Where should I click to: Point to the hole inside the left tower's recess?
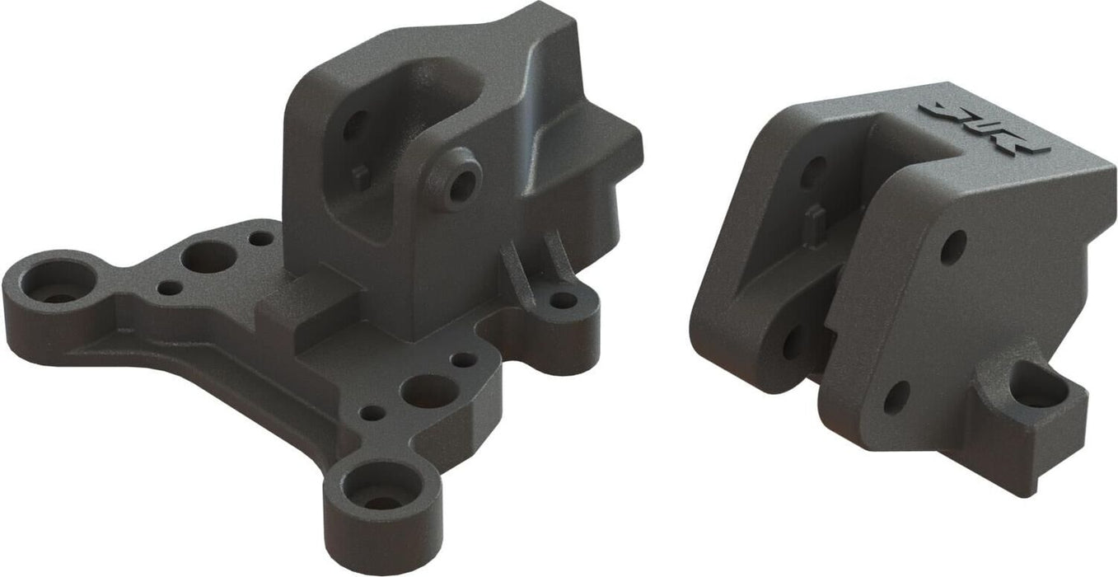(x=353, y=125)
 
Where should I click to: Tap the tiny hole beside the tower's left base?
(x=261, y=239)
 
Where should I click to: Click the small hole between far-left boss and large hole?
(x=170, y=288)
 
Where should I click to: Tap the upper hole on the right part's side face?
(x=953, y=246)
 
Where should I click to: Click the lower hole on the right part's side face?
(x=896, y=397)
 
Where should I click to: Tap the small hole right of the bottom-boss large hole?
(x=465, y=360)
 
